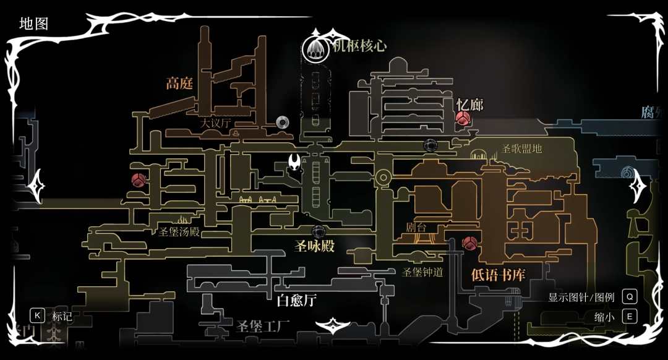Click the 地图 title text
tap(33, 24)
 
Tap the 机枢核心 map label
tap(359, 46)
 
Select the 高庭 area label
tap(179, 84)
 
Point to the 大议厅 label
tap(215, 123)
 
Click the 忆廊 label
tap(469, 105)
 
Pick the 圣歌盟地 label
tap(522, 148)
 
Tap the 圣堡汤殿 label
tap(179, 232)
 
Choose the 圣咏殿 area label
tap(314, 246)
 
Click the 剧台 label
tap(416, 228)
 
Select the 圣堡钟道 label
tap(423, 272)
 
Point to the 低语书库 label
tap(498, 274)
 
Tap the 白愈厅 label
tap(297, 301)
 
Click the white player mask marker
tap(295, 163)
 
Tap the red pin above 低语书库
tap(470, 244)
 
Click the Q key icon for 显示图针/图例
tap(630, 297)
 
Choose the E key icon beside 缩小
tap(630, 317)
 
